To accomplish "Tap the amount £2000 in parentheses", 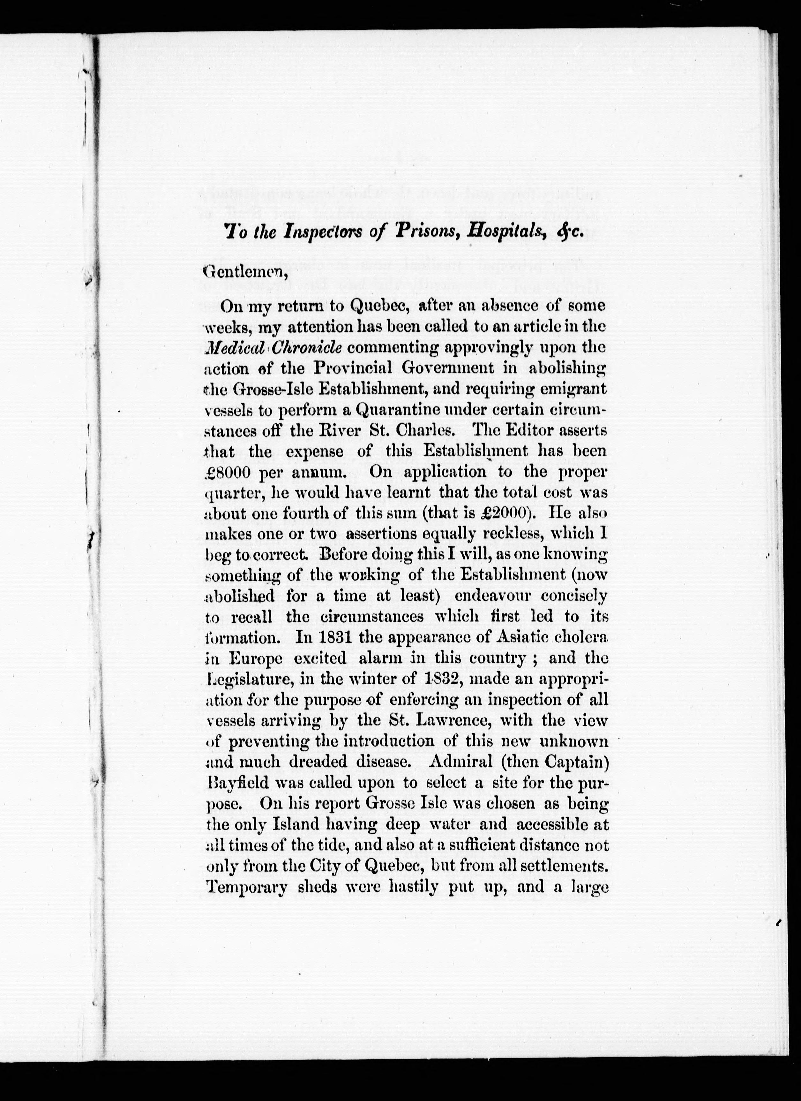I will tap(500, 513).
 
